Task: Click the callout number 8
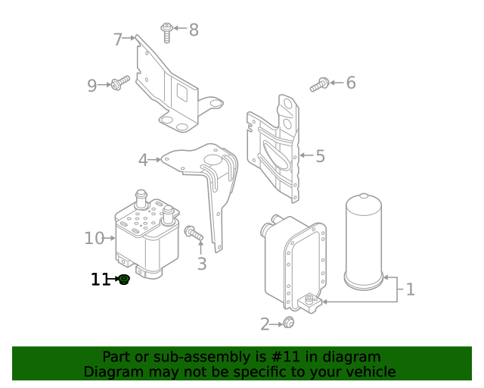194,30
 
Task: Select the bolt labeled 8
166,32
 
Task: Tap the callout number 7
118,39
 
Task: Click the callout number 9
92,86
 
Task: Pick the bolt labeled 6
320,85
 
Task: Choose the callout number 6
350,83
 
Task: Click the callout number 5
320,156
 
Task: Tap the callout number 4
143,160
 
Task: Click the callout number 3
201,264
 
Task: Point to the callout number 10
94,239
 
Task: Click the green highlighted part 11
123,280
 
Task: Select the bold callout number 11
100,280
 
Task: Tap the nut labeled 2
288,324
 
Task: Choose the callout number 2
265,324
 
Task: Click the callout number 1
410,289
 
